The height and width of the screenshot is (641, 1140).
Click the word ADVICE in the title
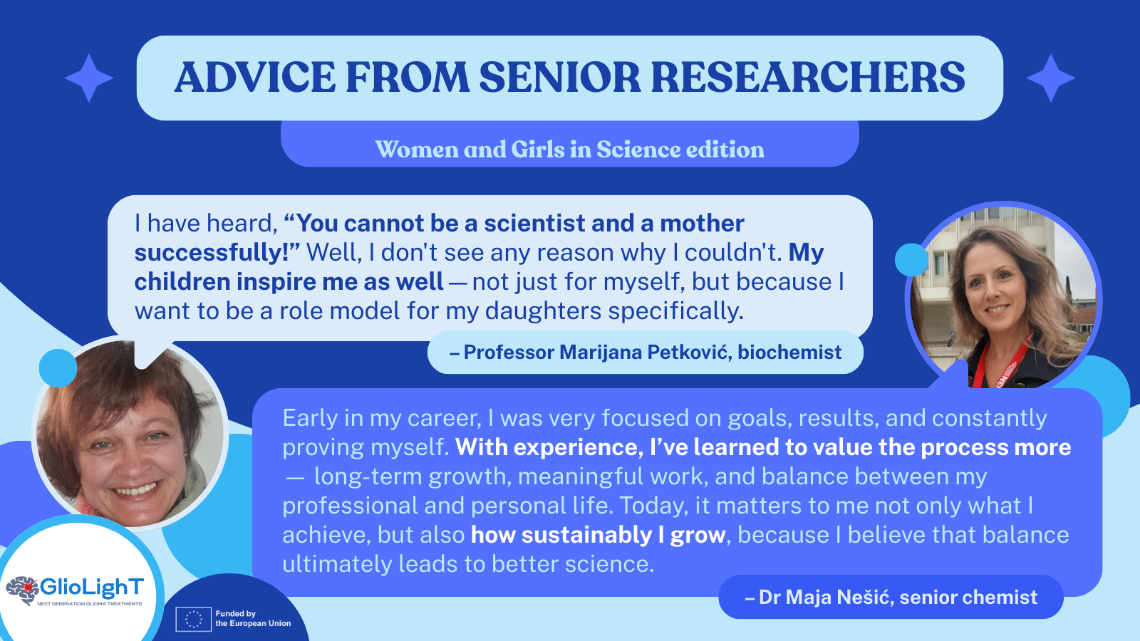pos(255,78)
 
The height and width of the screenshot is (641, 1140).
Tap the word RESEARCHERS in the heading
pos(808,78)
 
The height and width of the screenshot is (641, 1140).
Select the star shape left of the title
pos(89,78)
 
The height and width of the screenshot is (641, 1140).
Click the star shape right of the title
pos(1051,78)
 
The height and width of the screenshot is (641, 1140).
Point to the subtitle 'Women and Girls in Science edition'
pos(569,149)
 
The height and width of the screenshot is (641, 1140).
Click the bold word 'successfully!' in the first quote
pos(217,253)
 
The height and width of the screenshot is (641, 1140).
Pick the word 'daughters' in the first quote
pos(543,311)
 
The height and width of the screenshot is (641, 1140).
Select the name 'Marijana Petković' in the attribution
pos(598,352)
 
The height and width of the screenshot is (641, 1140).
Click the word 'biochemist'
pos(790,352)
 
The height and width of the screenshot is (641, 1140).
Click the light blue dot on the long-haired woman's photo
pos(911,260)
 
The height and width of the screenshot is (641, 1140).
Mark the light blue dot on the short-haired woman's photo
pos(58,368)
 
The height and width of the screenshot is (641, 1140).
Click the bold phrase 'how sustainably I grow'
pos(598,535)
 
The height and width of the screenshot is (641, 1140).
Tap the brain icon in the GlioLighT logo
pos(22,590)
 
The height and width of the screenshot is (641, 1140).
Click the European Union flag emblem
pos(193,619)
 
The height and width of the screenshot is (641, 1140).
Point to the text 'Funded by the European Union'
pos(253,619)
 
